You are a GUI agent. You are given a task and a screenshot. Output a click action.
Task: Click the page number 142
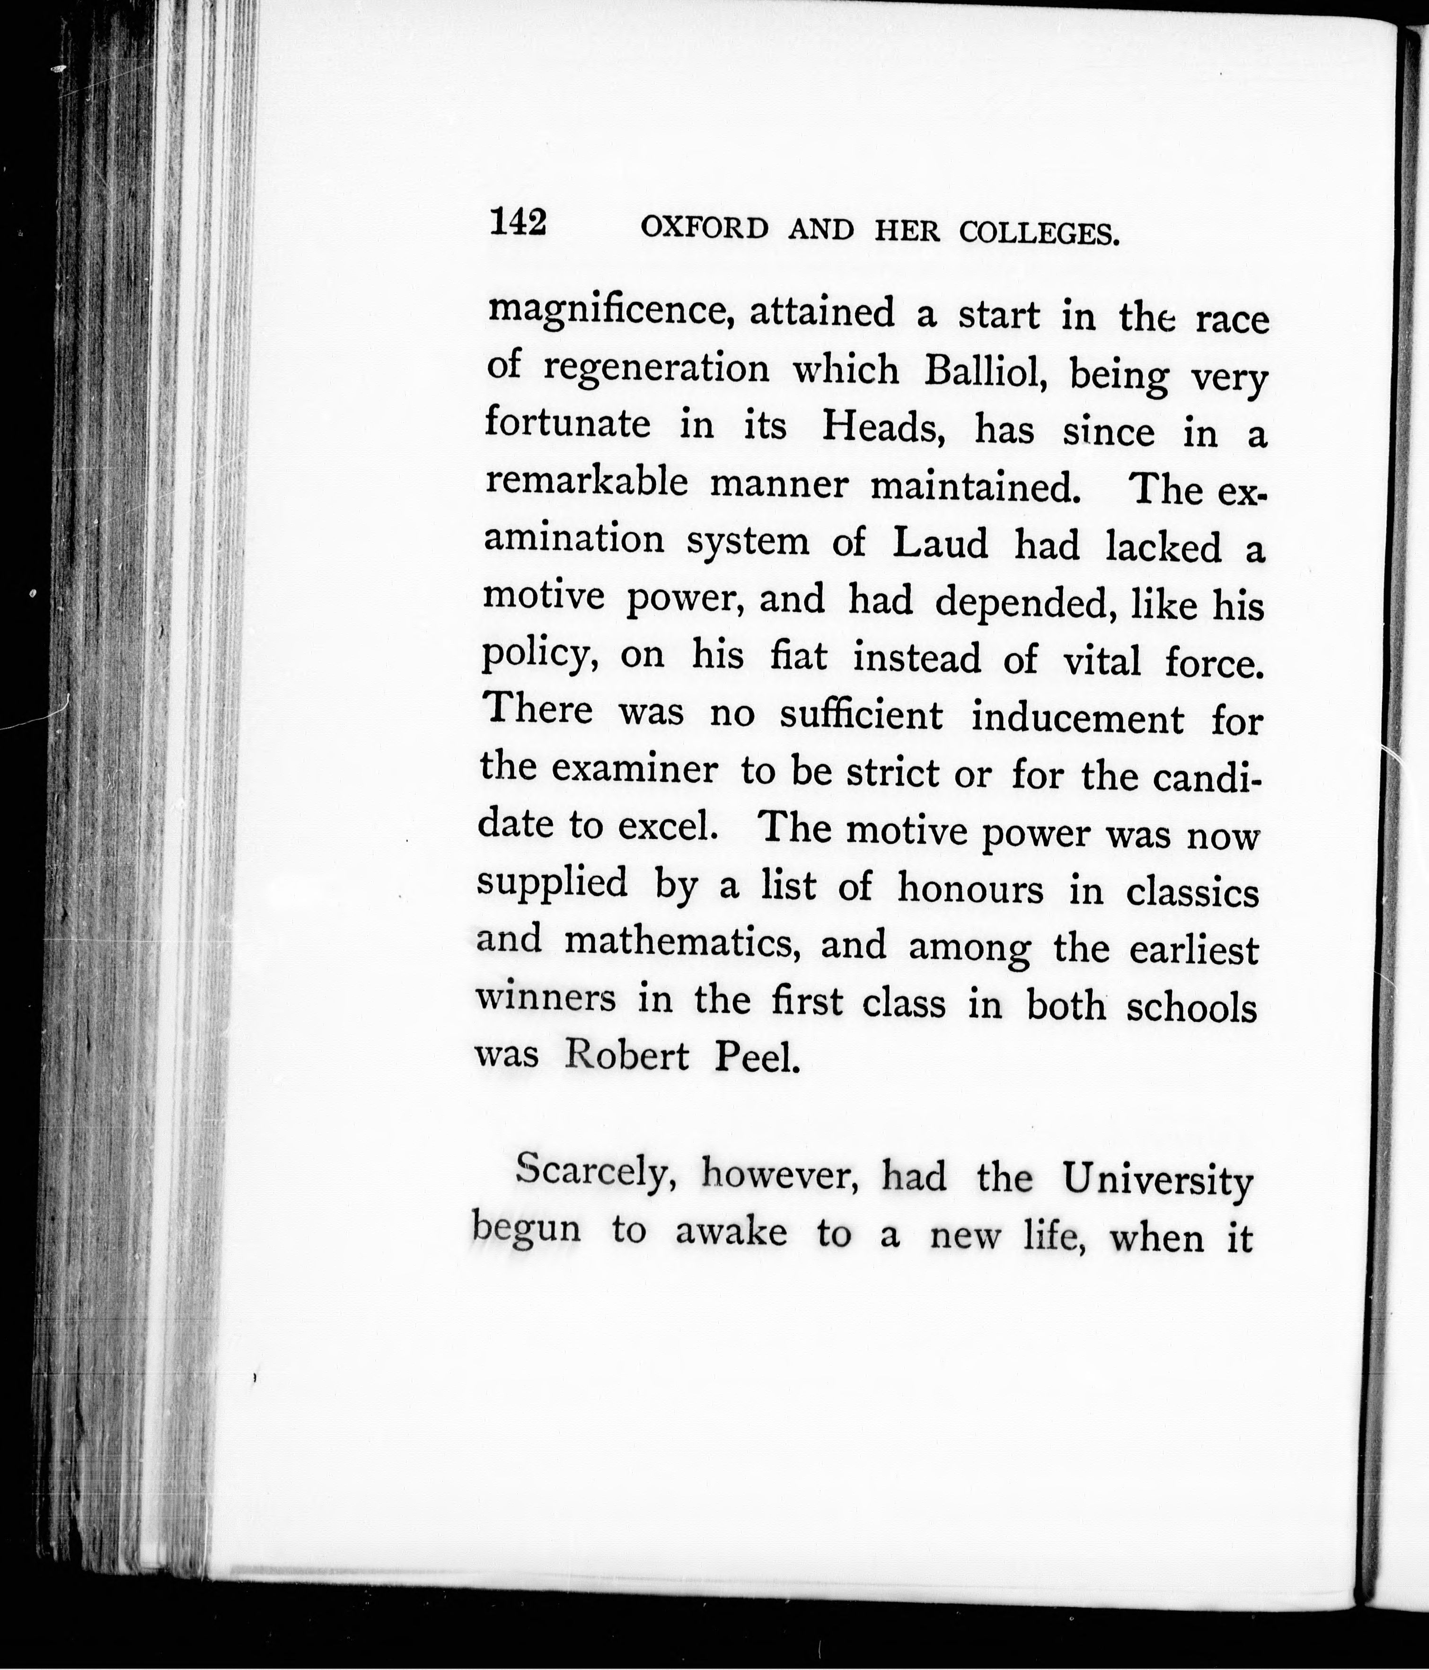pyautogui.click(x=518, y=222)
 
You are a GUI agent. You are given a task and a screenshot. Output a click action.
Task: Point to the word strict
pyautogui.click(x=892, y=772)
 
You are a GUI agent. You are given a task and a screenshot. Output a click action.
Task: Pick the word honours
pyautogui.click(x=970, y=889)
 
